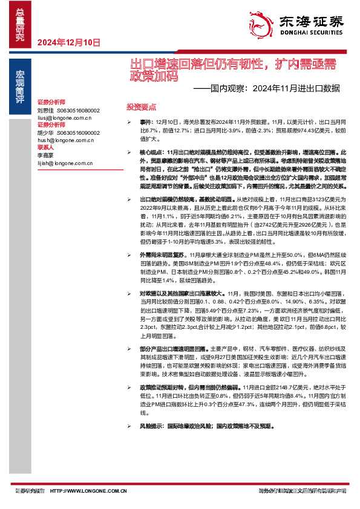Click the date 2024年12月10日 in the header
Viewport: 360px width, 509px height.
tap(68, 42)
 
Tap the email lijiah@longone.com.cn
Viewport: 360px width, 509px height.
tap(64, 162)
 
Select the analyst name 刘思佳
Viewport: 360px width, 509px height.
tap(45, 110)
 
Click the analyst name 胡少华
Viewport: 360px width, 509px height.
tap(45, 132)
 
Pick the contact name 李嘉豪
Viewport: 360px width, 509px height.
tap(45, 155)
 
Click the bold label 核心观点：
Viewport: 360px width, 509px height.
tap(151, 152)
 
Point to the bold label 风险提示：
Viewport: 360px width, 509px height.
tap(151, 409)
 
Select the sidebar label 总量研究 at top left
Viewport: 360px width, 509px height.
tap(20, 24)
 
